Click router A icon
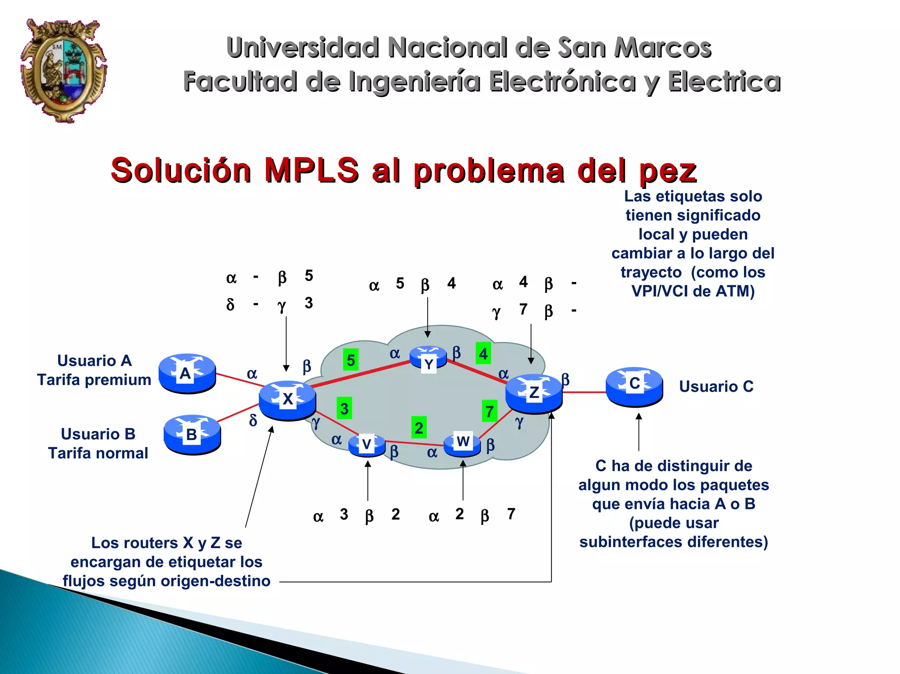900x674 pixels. click(x=187, y=373)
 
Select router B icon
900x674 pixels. click(x=192, y=434)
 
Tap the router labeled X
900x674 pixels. click(x=287, y=400)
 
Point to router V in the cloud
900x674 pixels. click(x=367, y=444)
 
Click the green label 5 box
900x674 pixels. click(x=351, y=360)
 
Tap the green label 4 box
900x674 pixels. click(x=483, y=353)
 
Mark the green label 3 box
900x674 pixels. click(x=344, y=408)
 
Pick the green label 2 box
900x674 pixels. click(x=419, y=427)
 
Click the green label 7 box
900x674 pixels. click(x=489, y=411)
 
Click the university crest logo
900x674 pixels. click(x=64, y=70)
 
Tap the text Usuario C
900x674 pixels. click(x=716, y=386)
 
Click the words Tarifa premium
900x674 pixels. click(x=94, y=380)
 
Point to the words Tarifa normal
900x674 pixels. click(x=98, y=453)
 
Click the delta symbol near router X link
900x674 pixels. click(x=253, y=420)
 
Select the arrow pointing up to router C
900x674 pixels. click(x=639, y=433)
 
